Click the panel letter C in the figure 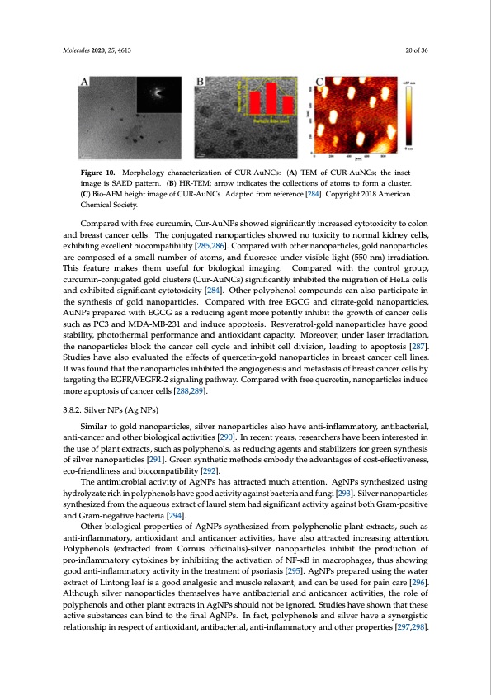pos(320,83)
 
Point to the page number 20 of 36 pos(421,50)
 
